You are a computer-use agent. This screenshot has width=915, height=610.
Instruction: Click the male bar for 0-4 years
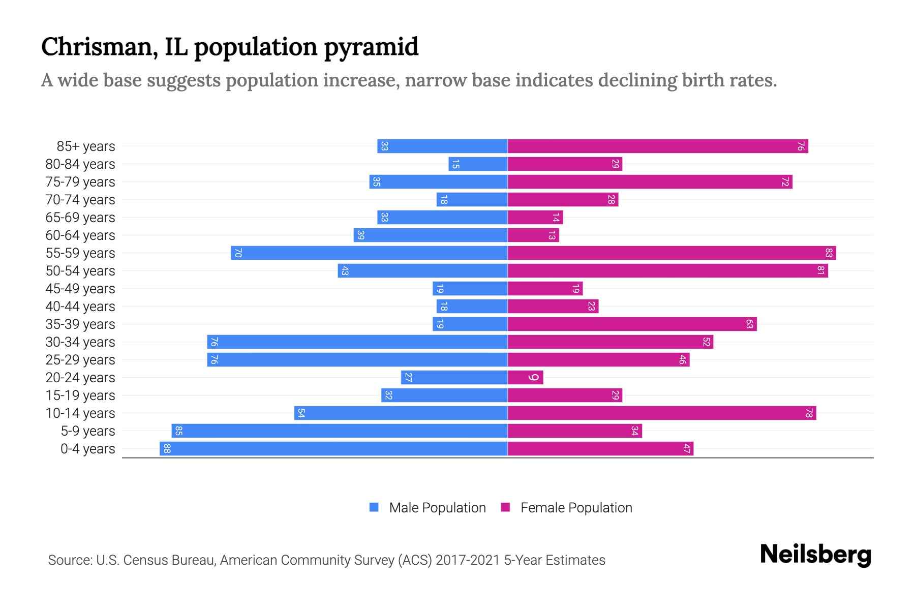(333, 448)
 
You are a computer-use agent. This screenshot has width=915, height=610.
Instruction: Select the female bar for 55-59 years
(672, 253)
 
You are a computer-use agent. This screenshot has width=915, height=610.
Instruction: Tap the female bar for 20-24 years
(525, 377)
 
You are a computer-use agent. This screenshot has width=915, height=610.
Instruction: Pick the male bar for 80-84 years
(478, 164)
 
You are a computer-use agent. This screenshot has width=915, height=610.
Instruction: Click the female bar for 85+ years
(658, 146)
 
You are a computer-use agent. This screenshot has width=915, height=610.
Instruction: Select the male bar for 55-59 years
(369, 253)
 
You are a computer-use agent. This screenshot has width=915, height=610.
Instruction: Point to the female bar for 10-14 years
(662, 413)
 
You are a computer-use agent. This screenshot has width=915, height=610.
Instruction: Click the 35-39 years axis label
(80, 324)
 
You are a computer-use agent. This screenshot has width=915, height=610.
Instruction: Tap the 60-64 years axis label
(80, 235)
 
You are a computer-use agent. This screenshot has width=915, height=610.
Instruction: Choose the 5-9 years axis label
(87, 431)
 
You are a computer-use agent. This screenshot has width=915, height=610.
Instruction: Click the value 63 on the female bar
(749, 324)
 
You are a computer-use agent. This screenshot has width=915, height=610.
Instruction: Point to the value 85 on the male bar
(179, 431)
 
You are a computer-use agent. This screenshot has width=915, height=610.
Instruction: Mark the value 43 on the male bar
(345, 270)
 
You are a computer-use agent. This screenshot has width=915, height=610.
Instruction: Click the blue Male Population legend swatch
(374, 507)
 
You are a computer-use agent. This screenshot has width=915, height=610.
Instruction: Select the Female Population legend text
(576, 507)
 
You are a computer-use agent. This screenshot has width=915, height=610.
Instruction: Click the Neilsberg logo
(815, 555)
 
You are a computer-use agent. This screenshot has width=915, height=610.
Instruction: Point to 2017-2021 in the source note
(467, 560)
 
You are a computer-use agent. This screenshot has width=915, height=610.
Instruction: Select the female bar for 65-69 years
(535, 217)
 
